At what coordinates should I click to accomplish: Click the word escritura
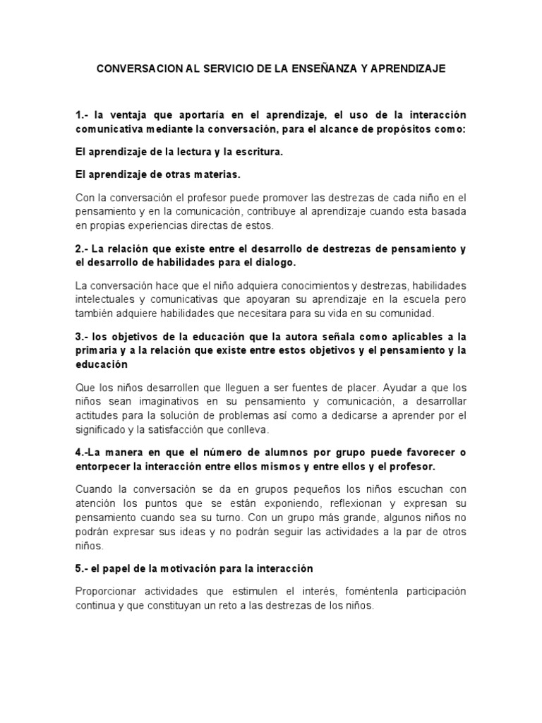[257, 152]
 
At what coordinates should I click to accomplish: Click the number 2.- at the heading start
[83, 249]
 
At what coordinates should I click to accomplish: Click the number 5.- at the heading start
[83, 568]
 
